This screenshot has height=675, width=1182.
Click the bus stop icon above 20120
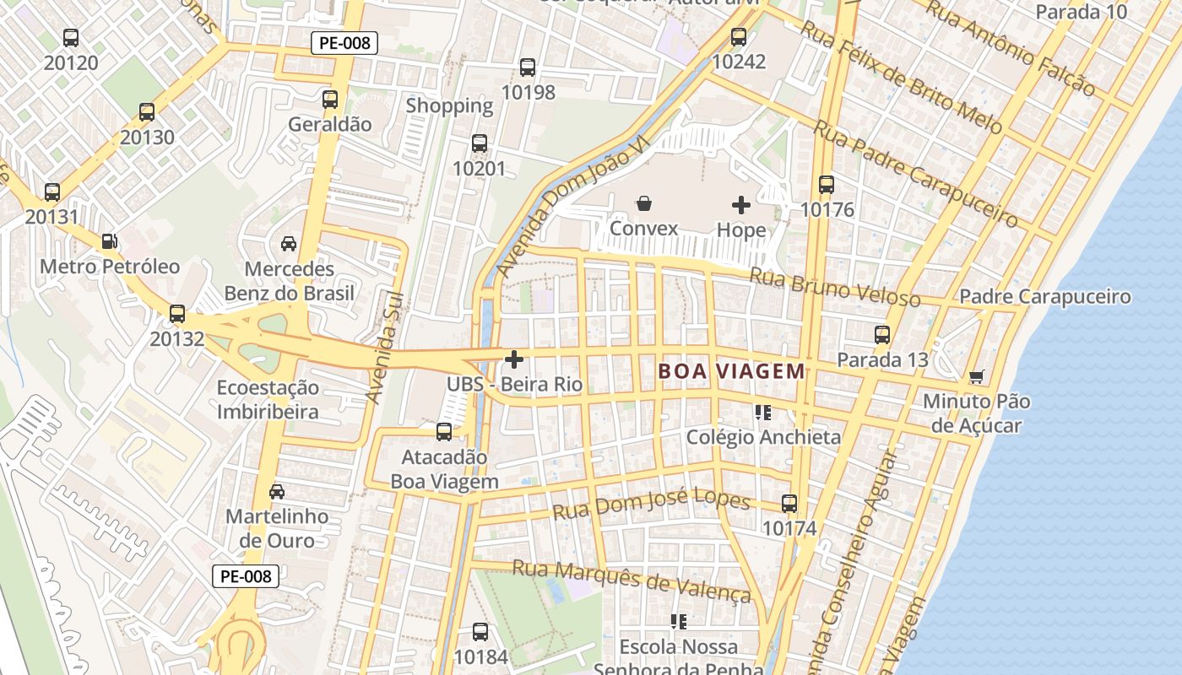coord(71,38)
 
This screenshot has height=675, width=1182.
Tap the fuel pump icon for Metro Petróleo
coord(109,242)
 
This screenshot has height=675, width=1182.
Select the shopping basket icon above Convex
coord(644,203)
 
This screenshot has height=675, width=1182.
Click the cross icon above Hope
coord(740,204)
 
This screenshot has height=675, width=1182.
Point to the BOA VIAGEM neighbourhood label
coord(731,371)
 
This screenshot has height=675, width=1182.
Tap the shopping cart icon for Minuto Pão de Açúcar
coord(977,376)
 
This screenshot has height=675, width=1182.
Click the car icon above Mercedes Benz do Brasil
coord(289,244)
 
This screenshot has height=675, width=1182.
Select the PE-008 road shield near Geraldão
coord(344,43)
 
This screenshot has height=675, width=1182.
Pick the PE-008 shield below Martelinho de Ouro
coord(244,576)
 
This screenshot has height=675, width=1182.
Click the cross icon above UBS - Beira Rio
coord(513,360)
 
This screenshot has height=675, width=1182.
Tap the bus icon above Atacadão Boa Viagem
coord(444,433)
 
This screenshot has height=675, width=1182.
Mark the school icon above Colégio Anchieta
coord(763,413)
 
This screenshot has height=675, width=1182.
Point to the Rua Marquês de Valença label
coord(632,581)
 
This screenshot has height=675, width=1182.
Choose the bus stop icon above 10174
coord(789,504)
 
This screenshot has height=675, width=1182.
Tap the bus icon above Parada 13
coord(882,335)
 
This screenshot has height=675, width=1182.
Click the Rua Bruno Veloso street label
coord(835,288)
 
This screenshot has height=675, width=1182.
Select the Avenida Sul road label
coord(386,348)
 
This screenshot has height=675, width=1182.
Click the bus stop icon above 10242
coord(739,37)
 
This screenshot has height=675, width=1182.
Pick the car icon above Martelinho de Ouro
coord(277,491)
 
